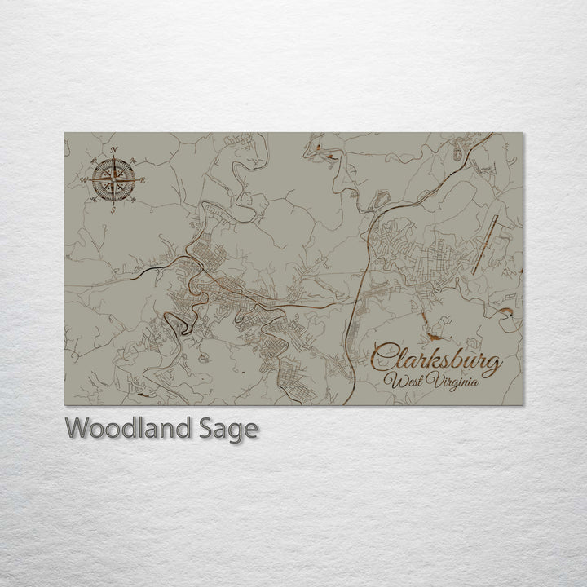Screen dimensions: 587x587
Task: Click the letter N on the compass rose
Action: [x=113, y=148]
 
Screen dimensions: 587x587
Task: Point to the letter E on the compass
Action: [x=143, y=179]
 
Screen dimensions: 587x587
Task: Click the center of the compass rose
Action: [x=113, y=179]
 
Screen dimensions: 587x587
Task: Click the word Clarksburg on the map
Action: [x=435, y=360]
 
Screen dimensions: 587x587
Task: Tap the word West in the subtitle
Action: [x=408, y=382]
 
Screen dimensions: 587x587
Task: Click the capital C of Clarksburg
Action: [x=383, y=359]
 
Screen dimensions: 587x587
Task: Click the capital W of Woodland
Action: [x=76, y=428]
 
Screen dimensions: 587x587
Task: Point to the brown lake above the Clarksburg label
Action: [x=435, y=334]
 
